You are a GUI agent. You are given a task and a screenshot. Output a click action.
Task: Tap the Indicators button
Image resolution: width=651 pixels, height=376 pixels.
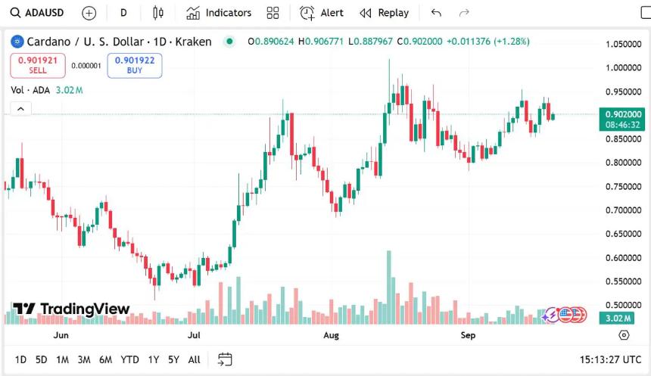tap(219, 13)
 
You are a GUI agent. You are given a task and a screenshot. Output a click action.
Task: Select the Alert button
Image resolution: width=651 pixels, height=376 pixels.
tap(322, 13)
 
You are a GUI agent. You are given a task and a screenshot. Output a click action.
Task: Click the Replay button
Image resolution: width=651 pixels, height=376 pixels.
tap(385, 13)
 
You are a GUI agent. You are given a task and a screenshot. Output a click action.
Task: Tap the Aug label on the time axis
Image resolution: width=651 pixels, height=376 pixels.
tap(331, 334)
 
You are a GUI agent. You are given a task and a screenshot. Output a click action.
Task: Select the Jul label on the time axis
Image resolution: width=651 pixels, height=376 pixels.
tap(195, 334)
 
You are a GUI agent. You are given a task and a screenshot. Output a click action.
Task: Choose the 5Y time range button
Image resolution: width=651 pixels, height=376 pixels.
tap(173, 359)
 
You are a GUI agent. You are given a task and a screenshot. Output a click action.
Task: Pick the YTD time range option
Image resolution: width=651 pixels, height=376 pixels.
tap(129, 359)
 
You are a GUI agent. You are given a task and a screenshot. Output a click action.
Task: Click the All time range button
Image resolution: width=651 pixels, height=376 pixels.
tap(195, 359)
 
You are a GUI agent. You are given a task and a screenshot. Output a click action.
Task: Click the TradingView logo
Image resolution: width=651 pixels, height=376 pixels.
tap(71, 309)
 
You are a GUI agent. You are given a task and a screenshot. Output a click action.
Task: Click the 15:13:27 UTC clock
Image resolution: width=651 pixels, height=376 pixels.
tap(609, 359)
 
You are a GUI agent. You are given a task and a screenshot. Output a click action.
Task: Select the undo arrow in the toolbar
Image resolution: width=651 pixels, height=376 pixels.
tap(435, 13)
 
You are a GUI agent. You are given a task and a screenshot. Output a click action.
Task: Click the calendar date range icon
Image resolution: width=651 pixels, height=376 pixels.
tap(225, 359)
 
